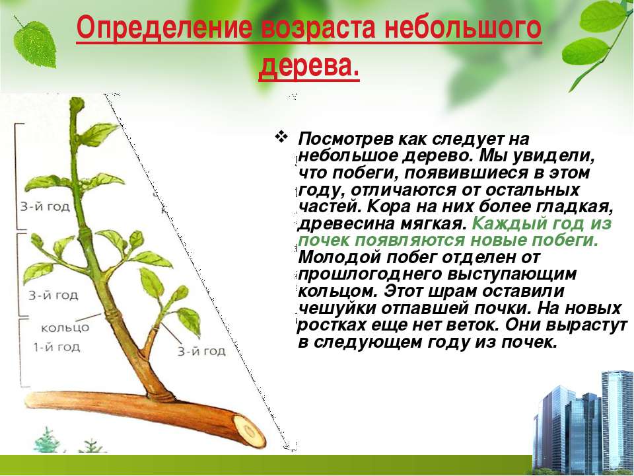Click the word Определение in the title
pyautogui.click(x=165, y=28)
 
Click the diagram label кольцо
pyautogui.click(x=65, y=327)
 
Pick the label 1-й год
pyautogui.click(x=56, y=347)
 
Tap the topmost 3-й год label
pyautogui.click(x=45, y=207)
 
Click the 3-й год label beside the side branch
pyautogui.click(x=202, y=350)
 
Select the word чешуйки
pyautogui.click(x=337, y=309)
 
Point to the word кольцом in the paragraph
pyautogui.click(x=339, y=292)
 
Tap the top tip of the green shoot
pyautogui.click(x=77, y=99)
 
